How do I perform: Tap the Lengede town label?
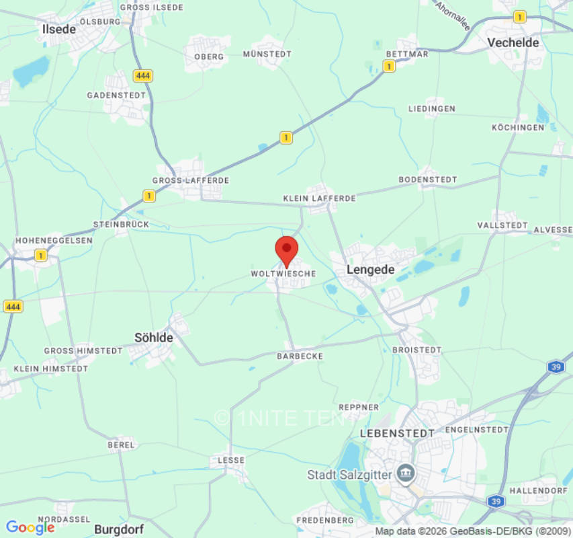tap(370, 270)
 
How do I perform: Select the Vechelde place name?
tap(513, 42)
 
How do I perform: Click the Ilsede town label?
tap(59, 29)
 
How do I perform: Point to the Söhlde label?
tap(154, 338)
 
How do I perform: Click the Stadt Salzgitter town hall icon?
tap(405, 473)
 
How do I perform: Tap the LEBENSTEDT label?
tap(398, 433)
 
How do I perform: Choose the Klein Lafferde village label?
tap(319, 198)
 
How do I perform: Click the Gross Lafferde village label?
tap(191, 181)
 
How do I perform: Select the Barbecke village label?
tap(300, 356)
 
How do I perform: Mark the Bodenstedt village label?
tap(428, 180)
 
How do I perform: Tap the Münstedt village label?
tap(267, 54)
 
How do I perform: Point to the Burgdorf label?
tap(120, 529)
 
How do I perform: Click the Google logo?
tap(30, 528)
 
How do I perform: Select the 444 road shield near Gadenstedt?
tap(142, 76)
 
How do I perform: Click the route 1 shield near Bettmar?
tap(389, 66)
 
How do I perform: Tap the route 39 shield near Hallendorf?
tap(496, 501)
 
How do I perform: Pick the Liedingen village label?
tap(432, 109)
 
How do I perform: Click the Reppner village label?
tap(359, 408)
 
